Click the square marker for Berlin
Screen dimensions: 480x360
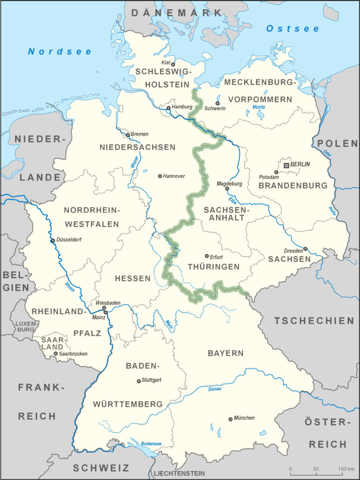coord(286,165)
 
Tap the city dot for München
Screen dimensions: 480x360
coord(230,419)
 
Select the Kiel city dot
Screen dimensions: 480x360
coord(173,64)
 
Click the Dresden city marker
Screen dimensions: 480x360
coord(305,249)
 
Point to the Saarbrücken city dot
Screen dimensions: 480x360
coord(56,353)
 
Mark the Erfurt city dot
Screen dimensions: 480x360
coord(207,256)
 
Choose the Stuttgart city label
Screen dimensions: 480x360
coord(152,380)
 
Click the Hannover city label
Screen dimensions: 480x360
coord(174,176)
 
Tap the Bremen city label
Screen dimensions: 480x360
coord(140,134)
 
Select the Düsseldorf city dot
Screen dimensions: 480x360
coord(53,240)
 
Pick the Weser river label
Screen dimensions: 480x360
coord(134,165)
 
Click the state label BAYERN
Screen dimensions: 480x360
coord(226,353)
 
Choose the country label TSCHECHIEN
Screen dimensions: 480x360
coord(314,321)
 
